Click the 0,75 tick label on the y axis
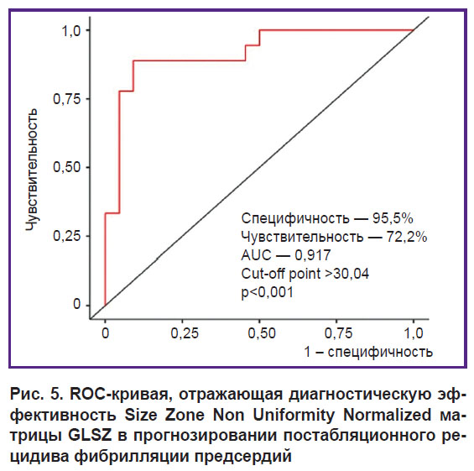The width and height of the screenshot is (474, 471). tap(63, 99)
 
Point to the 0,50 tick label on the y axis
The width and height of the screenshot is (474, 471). tap(63, 167)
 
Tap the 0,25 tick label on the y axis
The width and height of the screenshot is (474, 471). tap(63, 236)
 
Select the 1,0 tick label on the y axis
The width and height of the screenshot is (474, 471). tap(71, 30)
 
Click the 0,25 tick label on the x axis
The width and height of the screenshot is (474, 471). tap(185, 333)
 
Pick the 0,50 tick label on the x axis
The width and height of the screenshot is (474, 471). tap(262, 333)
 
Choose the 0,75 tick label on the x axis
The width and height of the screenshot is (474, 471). tap(338, 333)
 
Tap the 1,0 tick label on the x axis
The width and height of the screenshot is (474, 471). tap(414, 333)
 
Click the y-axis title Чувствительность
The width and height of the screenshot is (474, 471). tap(31, 170)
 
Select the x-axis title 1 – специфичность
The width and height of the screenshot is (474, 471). tap(368, 352)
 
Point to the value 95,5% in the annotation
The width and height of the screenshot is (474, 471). tap(393, 218)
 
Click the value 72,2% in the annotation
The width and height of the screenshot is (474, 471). tap(407, 237)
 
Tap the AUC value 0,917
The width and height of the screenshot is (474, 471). tap(313, 255)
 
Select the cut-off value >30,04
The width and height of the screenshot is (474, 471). tap(346, 274)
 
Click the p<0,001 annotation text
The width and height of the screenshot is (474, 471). tap(268, 292)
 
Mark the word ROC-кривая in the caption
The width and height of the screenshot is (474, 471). tap(121, 395)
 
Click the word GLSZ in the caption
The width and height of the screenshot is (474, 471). tap(90, 436)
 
